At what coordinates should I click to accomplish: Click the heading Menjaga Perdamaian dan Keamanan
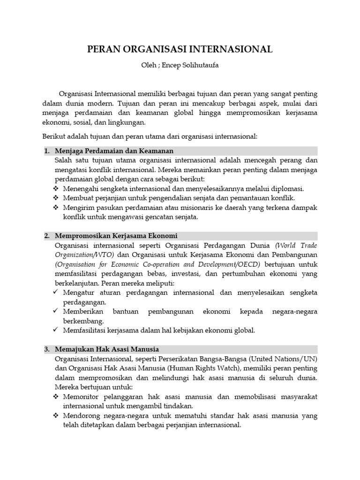click(x=114, y=151)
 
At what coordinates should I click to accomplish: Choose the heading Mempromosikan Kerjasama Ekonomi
click(x=116, y=235)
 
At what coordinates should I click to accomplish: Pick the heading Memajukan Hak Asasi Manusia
click(x=107, y=349)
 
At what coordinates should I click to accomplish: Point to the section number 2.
click(x=47, y=235)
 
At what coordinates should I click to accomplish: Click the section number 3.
click(x=47, y=349)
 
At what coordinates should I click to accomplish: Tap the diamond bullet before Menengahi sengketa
click(x=57, y=189)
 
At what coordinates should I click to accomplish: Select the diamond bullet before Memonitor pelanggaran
click(x=57, y=397)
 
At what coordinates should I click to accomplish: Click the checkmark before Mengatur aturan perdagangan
click(x=56, y=292)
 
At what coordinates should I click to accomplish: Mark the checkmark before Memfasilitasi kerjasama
click(x=56, y=330)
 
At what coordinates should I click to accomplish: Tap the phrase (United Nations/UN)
click(x=285, y=359)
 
